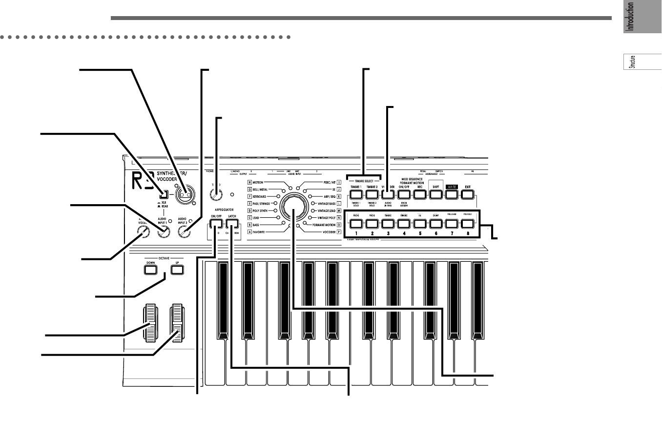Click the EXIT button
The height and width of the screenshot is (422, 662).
(467, 195)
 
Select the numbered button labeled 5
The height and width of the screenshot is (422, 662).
(419, 224)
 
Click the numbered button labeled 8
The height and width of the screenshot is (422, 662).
(467, 224)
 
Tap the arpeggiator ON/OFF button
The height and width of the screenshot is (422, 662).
(216, 224)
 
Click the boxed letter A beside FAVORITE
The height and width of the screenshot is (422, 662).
(249, 232)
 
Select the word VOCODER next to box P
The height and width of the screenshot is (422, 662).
(319, 232)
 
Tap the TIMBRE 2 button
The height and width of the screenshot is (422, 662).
(372, 195)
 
